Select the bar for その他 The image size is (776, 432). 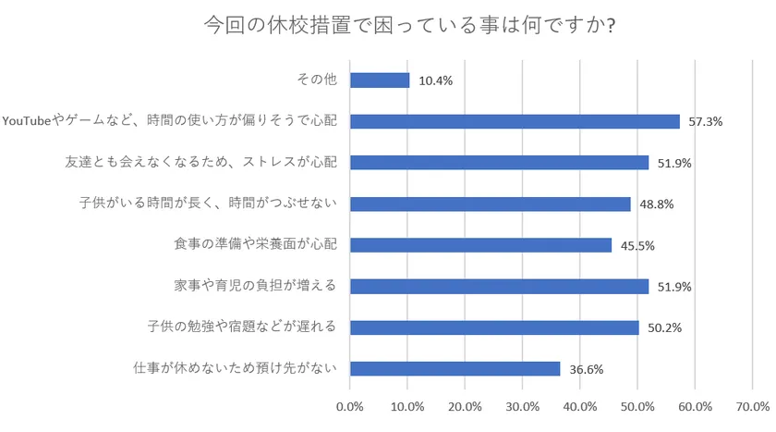click(x=380, y=80)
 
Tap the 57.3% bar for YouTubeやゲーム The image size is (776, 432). click(x=515, y=121)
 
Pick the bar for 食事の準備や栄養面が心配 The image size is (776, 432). click(x=480, y=245)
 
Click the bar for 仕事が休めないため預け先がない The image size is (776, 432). click(x=455, y=368)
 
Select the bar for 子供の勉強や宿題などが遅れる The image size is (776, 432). click(x=494, y=327)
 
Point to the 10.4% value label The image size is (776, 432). click(x=435, y=81)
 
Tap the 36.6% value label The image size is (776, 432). click(x=586, y=369)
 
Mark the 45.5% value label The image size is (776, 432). click(x=637, y=246)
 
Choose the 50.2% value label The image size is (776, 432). click(x=664, y=328)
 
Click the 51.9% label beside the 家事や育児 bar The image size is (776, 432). click(x=674, y=287)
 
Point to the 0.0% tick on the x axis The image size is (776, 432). click(x=350, y=407)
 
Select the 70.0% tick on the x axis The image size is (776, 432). click(x=753, y=407)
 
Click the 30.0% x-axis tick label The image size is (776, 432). click(x=523, y=407)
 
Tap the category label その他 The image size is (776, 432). click(x=316, y=80)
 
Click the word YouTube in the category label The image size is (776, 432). click(x=29, y=121)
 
